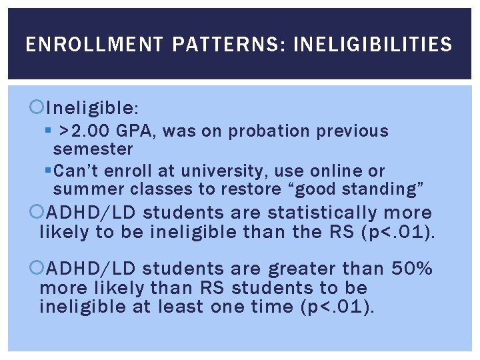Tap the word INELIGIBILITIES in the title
point(373,45)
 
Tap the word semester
point(93,149)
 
